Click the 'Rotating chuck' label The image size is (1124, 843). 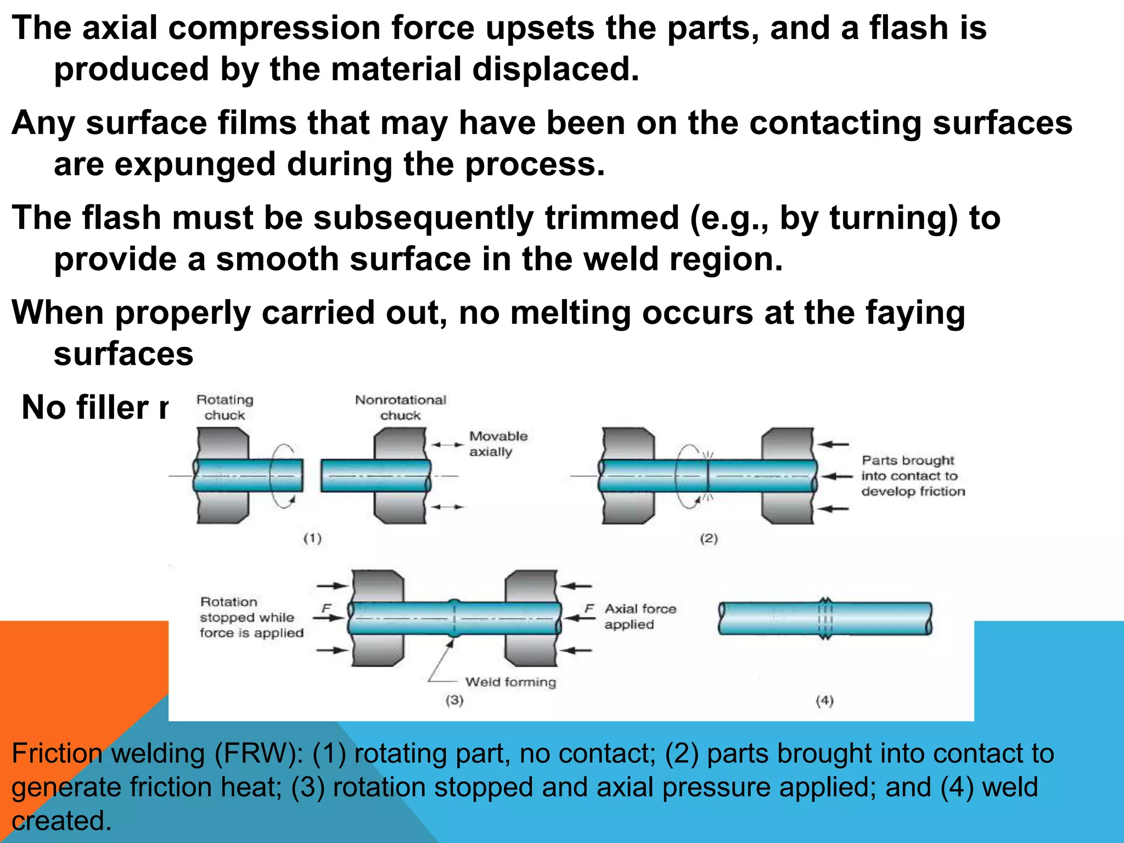click(224, 407)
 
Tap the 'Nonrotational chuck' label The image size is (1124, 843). click(401, 407)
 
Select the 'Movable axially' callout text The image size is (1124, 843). click(497, 443)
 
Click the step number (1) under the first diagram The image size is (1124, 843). click(312, 538)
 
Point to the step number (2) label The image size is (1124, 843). click(709, 538)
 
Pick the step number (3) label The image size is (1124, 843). click(454, 700)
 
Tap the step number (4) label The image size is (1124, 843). click(824, 700)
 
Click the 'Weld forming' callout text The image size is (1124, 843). click(510, 682)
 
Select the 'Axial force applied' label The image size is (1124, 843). click(640, 616)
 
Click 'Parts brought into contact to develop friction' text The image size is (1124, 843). click(912, 475)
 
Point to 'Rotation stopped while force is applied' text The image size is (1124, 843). click(251, 617)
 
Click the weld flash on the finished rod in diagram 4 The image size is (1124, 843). click(825, 619)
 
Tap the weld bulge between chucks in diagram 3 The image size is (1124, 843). click(454, 618)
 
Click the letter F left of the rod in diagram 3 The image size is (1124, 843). click(326, 608)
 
